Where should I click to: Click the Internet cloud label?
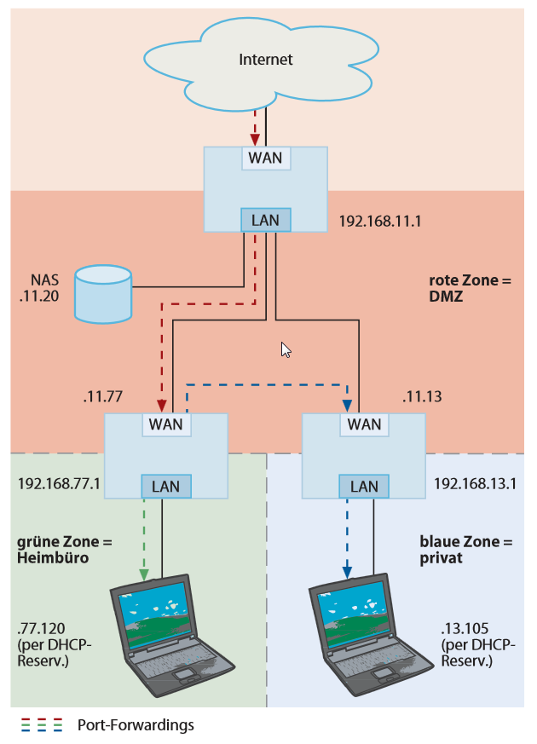[x=265, y=60]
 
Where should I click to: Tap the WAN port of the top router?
[x=266, y=158]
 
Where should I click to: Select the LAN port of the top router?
[x=266, y=220]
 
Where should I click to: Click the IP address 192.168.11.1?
[x=381, y=221]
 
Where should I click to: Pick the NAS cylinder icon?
[x=102, y=293]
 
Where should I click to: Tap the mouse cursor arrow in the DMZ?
[x=286, y=349]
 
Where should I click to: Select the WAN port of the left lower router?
[x=165, y=424]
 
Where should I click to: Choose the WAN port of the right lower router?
[x=365, y=424]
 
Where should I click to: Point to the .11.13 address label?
[x=422, y=396]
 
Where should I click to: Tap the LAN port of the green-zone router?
[x=165, y=486]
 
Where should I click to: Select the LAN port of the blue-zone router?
[x=365, y=486]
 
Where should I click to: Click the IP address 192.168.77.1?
[x=59, y=484]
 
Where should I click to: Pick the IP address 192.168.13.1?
[x=476, y=484]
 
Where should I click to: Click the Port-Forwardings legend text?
[x=136, y=725]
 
